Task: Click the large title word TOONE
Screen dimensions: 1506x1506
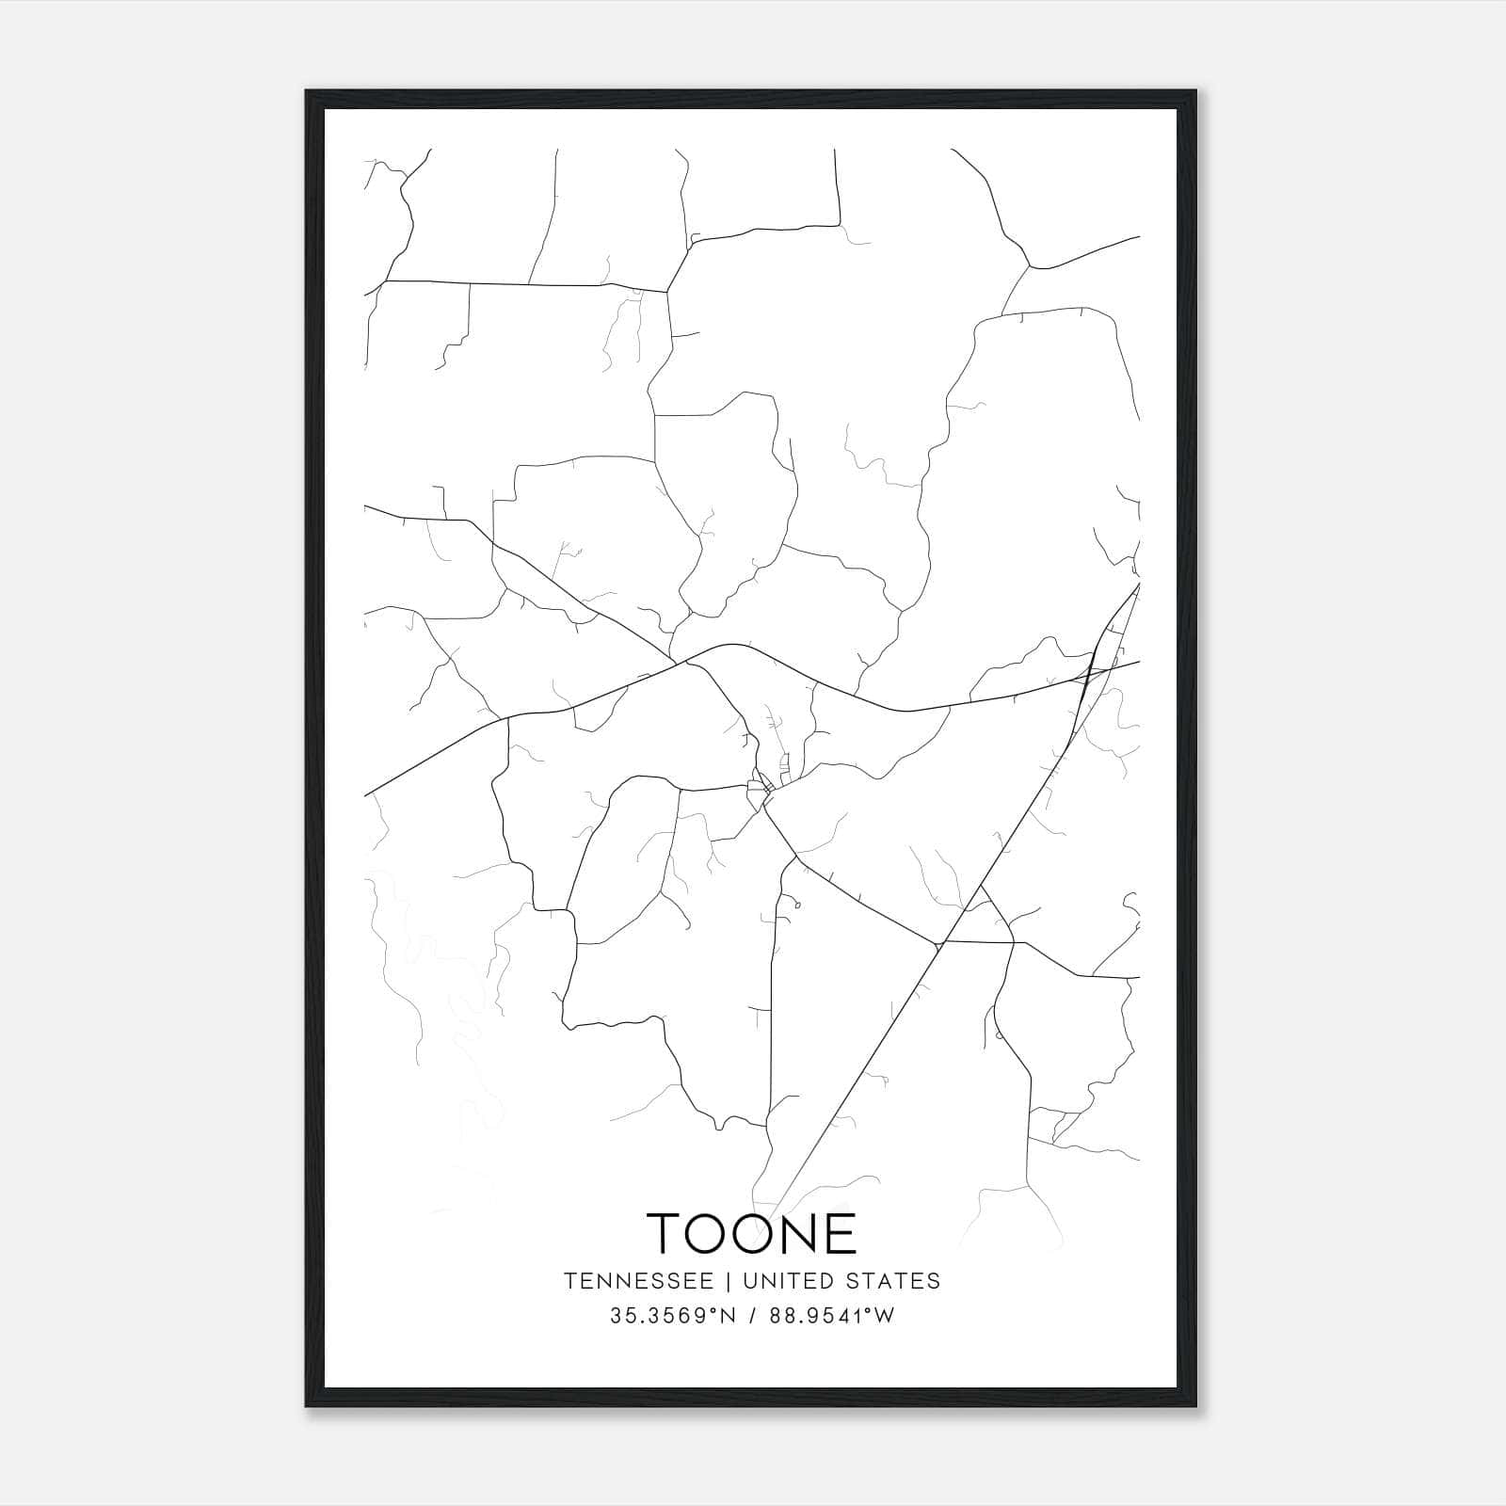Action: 752,1233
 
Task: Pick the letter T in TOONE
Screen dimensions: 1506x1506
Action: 666,1233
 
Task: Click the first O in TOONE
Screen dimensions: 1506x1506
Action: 712,1233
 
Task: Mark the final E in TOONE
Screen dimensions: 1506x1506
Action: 846,1233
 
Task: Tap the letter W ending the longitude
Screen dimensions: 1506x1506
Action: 885,1316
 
